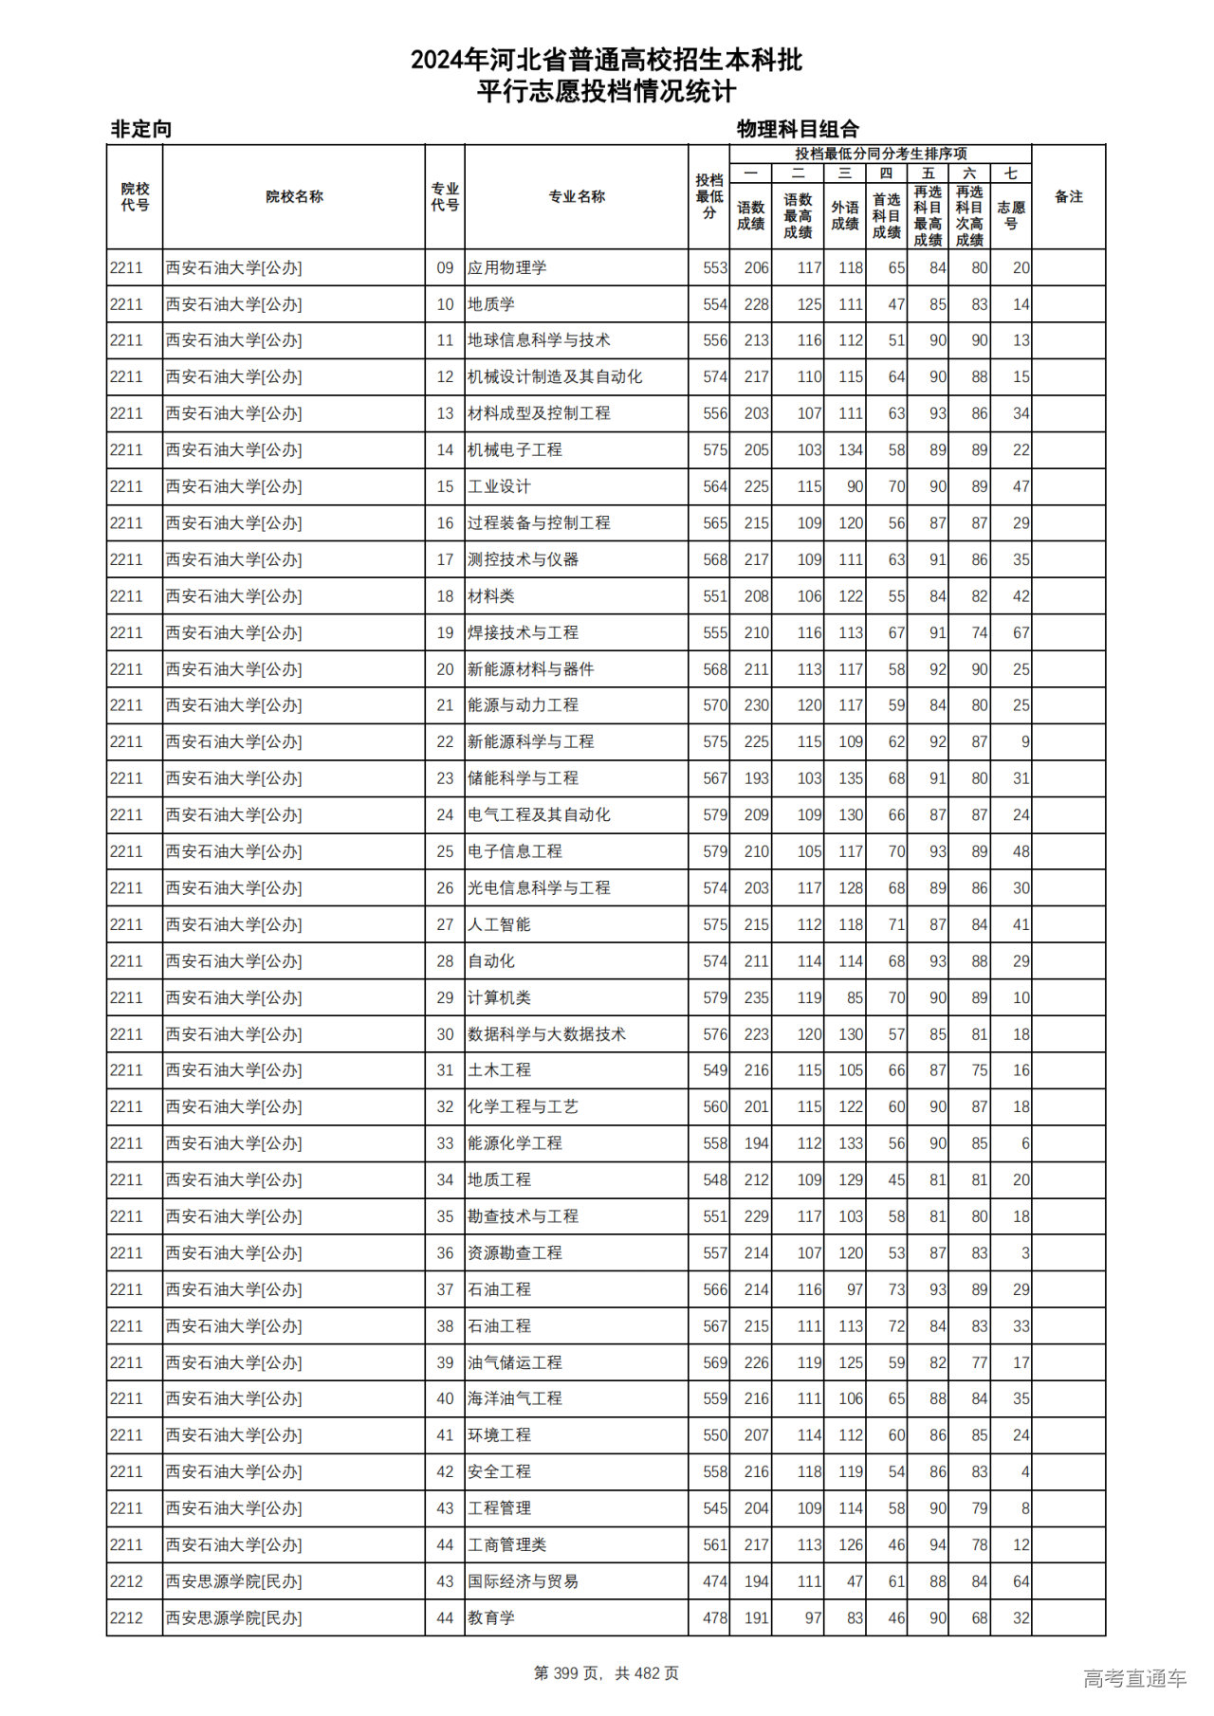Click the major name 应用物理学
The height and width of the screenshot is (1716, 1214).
[507, 268]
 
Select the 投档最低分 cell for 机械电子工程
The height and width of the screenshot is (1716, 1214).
[715, 450]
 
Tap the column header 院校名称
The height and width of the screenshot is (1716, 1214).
[294, 197]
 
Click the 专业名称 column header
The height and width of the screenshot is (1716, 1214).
[577, 197]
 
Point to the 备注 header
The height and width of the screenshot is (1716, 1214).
[1069, 197]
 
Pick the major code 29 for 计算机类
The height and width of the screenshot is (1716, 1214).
[445, 998]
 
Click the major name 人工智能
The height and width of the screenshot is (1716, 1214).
[499, 925]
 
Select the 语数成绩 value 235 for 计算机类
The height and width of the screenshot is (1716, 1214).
[756, 998]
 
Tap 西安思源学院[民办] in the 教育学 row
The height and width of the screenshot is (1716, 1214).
[233, 1618]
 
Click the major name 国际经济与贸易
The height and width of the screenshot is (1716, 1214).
[523, 1581]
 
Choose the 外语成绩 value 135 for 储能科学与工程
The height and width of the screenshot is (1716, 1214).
[850, 779]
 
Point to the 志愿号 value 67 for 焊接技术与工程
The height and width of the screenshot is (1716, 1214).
[1021, 633]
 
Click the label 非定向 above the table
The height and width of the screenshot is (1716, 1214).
[141, 129]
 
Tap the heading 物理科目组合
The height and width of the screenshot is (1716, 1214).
[798, 129]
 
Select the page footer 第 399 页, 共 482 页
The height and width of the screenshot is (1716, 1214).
[606, 1673]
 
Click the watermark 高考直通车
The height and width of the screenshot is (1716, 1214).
[1134, 1678]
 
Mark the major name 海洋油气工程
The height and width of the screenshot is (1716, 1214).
[515, 1399]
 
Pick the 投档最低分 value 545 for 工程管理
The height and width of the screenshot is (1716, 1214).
[715, 1508]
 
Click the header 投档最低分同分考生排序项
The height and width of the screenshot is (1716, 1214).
[880, 154]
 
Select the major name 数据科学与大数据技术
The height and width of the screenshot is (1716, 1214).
[546, 1034]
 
